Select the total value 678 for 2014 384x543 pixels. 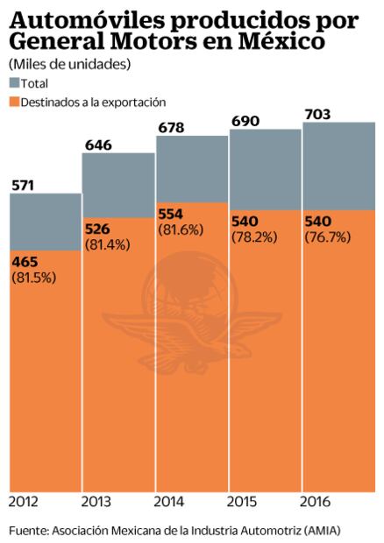tap(170, 130)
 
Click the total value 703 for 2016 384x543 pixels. tap(317, 113)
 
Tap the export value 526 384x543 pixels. tap(97, 230)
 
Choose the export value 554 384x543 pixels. tap(171, 215)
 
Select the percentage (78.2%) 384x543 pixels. tap(252, 237)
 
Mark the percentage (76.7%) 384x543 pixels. tap(325, 237)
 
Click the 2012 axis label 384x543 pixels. tap(24, 502)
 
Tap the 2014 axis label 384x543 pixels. tap(169, 502)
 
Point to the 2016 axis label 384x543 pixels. tap(316, 502)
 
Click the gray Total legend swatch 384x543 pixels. tap(15, 83)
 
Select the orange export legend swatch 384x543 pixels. tap(15, 102)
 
